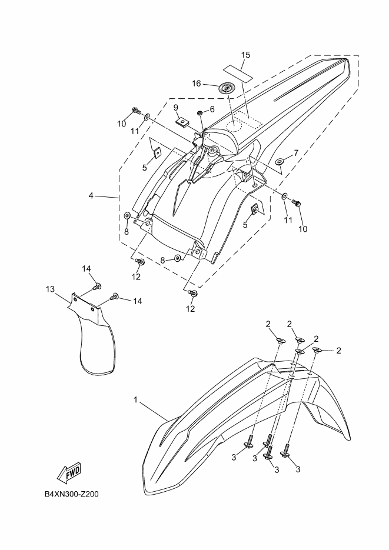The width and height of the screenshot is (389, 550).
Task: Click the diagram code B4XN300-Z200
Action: point(72,494)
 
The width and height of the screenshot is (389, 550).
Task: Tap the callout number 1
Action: point(135,400)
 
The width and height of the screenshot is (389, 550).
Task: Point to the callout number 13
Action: point(50,289)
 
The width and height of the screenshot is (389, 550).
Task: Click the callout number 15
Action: point(245,55)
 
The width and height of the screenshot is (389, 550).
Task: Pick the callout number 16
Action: point(197,84)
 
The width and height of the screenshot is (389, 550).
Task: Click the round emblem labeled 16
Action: point(226,89)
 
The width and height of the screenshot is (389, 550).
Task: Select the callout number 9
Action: point(175,107)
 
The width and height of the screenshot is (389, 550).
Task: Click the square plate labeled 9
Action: point(183,122)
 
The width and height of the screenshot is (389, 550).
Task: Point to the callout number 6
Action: point(212,109)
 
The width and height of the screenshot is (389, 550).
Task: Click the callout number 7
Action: point(296,153)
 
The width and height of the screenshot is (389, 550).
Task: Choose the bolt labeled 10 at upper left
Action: point(137,110)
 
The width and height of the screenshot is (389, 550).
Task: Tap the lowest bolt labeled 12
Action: point(193,293)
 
